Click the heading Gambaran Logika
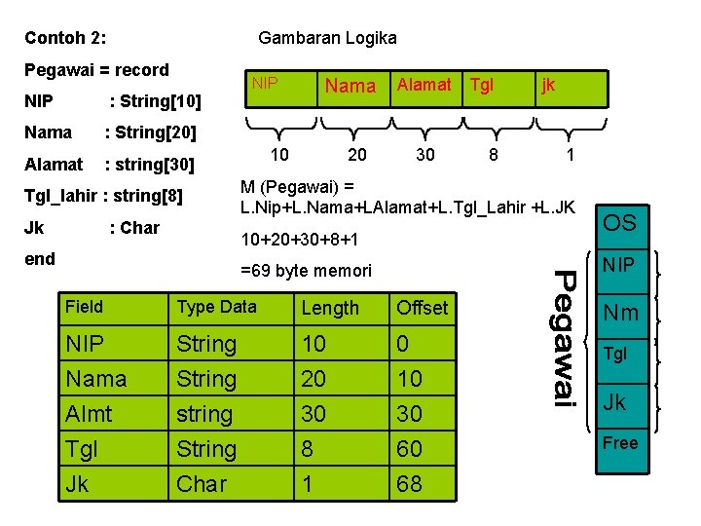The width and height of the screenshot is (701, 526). [x=327, y=38]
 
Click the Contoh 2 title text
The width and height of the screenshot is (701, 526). [x=65, y=39]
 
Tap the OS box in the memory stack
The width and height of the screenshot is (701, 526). [x=619, y=223]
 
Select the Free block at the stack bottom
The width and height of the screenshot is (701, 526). [x=620, y=443]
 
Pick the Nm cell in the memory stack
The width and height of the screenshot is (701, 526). [x=621, y=313]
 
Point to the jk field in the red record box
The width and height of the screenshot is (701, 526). [x=548, y=85]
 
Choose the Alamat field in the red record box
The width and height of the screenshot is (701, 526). [x=424, y=85]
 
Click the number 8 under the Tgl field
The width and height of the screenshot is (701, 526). [x=495, y=155]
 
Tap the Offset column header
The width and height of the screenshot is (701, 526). [x=422, y=308]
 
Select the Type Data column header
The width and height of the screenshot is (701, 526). [x=216, y=307]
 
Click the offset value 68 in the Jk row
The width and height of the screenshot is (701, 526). [x=410, y=483]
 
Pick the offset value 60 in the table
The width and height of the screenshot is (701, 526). [x=410, y=449]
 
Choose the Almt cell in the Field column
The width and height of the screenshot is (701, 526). [x=89, y=414]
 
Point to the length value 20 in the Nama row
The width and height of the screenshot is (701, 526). [x=314, y=379]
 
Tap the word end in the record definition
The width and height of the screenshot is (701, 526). [x=40, y=258]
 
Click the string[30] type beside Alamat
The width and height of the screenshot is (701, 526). [x=150, y=164]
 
